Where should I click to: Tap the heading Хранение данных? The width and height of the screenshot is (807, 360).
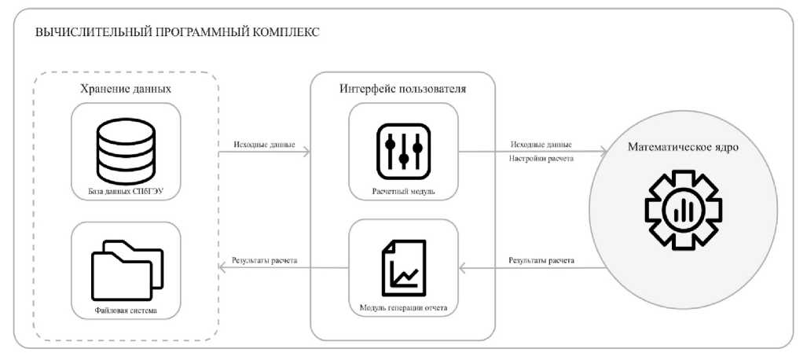[x=126, y=89]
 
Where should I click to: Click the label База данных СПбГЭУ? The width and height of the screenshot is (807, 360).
[x=126, y=191]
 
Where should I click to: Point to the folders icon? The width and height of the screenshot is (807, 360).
[x=126, y=273]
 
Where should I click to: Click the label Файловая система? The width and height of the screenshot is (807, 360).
[x=126, y=311]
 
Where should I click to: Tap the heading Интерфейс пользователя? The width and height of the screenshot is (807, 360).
[x=403, y=89]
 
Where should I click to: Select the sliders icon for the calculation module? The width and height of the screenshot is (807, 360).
[x=403, y=150]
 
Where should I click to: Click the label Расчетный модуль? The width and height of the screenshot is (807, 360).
[x=403, y=191]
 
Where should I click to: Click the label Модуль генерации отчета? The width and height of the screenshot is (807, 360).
[x=403, y=307]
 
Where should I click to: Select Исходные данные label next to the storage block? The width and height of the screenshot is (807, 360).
[x=264, y=145]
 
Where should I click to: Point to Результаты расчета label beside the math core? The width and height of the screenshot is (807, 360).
[x=541, y=259]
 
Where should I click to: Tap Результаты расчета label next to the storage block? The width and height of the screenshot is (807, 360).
[x=264, y=259]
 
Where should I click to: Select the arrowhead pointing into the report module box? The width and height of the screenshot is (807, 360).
[x=464, y=268]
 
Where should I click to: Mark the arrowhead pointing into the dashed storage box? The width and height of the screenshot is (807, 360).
[x=222, y=268]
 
